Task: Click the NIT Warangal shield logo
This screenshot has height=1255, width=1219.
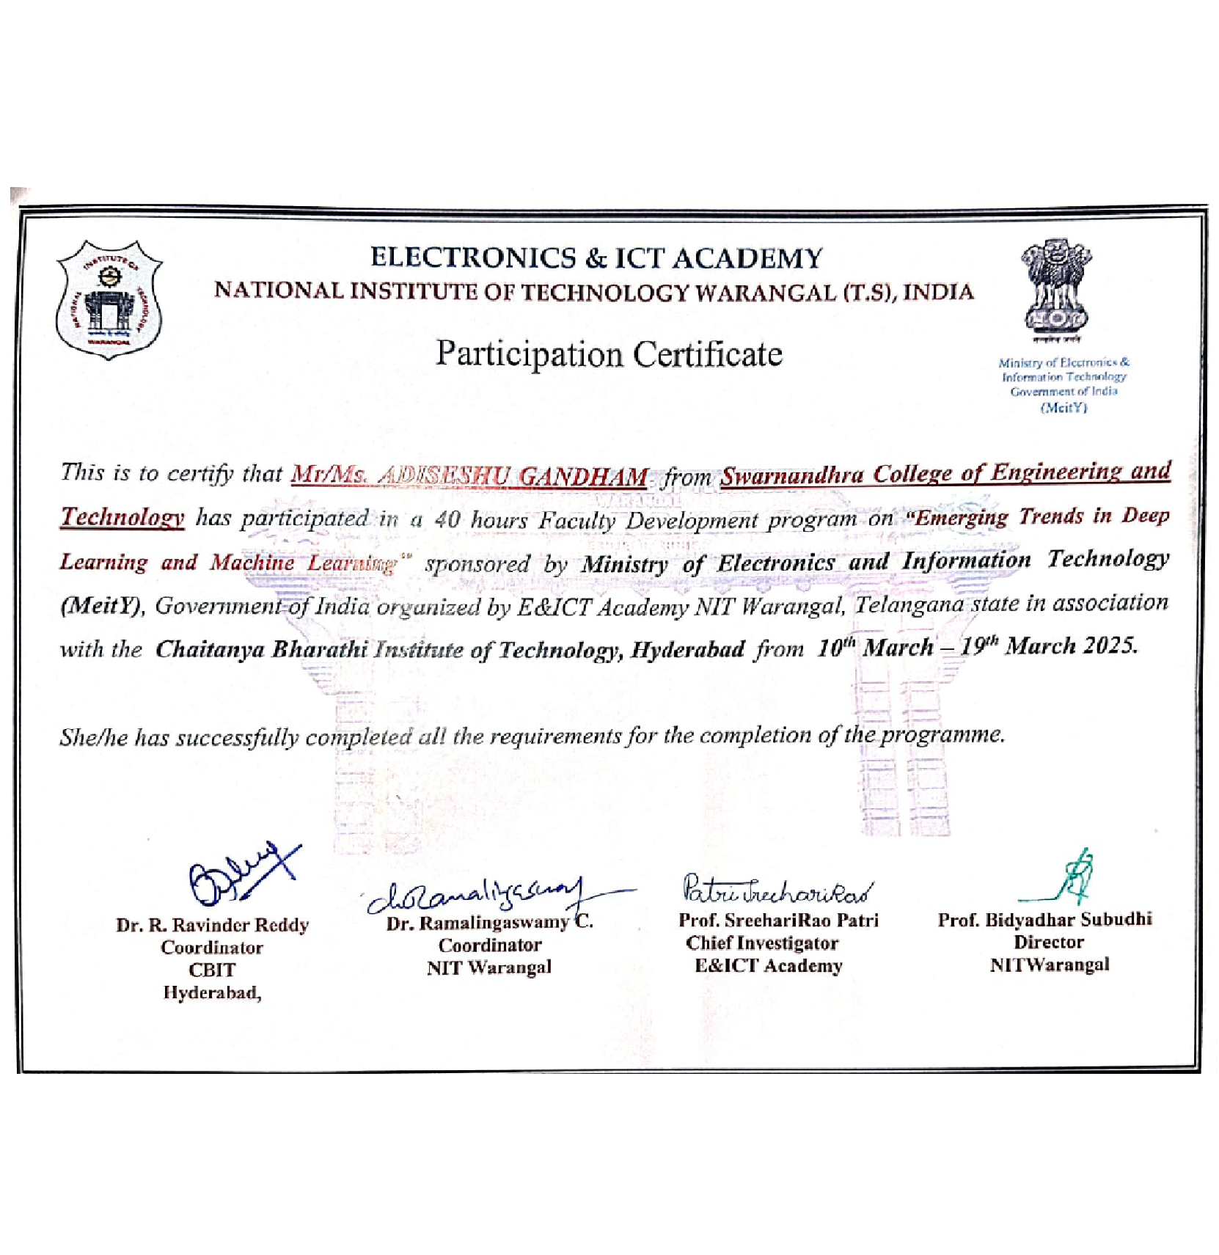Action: click(x=109, y=300)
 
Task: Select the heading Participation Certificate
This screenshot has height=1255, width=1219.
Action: click(x=609, y=354)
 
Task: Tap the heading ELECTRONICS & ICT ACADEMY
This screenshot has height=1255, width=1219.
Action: click(x=596, y=257)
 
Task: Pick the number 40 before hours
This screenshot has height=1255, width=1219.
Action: click(x=447, y=520)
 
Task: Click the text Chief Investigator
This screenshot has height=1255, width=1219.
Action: click(x=761, y=943)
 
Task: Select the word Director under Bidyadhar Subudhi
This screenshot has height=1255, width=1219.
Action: click(x=1049, y=942)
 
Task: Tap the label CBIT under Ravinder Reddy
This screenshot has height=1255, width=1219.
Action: click(x=212, y=970)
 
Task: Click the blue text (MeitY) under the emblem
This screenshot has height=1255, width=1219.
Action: click(x=1064, y=408)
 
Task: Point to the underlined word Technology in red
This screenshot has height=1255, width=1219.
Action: click(x=122, y=518)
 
